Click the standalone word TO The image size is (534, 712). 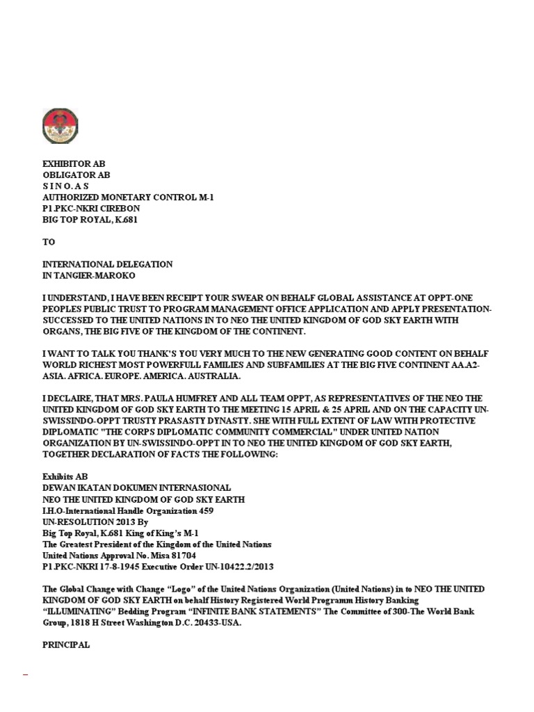[49, 242]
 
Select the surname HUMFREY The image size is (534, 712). [200, 399]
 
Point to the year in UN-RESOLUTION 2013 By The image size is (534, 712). [116, 521]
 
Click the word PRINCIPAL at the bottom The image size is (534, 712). [66, 645]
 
